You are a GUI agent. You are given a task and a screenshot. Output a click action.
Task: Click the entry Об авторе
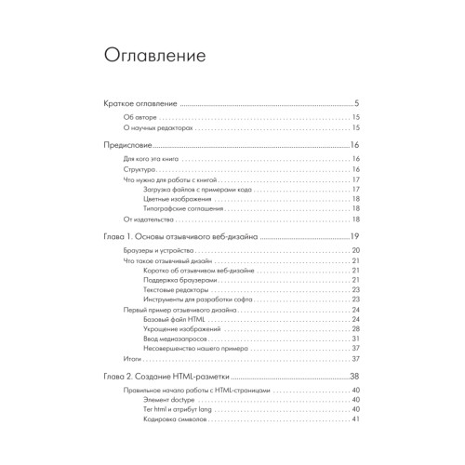click(141, 119)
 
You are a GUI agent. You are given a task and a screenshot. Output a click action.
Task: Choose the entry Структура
click(139, 171)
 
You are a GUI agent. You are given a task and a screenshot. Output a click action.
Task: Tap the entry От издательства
click(147, 219)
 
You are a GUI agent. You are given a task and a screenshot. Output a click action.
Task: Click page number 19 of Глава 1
click(354, 237)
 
